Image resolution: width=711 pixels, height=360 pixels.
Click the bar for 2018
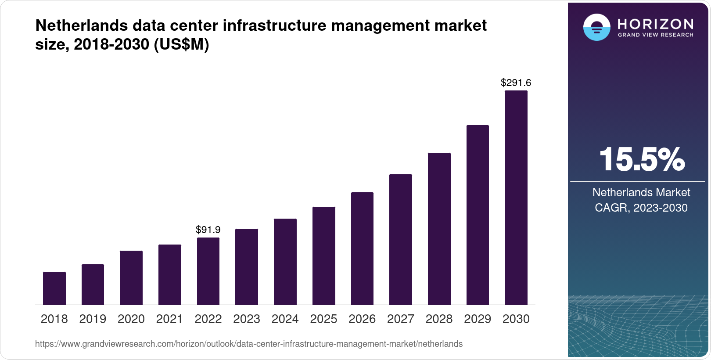click(54, 288)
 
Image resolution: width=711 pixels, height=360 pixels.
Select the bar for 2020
click(131, 277)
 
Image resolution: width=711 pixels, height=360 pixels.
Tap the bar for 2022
click(208, 271)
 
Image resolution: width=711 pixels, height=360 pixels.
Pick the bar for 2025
click(323, 256)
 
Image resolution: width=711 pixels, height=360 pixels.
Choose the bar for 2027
click(400, 239)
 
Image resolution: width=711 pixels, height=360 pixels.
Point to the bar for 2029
click(478, 215)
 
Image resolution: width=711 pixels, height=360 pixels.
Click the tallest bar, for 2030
click(516, 198)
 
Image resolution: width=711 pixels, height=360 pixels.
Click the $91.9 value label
click(208, 230)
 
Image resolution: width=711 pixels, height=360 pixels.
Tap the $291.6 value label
click(516, 83)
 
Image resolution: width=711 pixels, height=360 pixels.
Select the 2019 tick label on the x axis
click(93, 319)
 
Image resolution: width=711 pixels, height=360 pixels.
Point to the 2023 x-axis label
click(247, 319)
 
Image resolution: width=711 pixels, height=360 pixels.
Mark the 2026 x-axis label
click(362, 319)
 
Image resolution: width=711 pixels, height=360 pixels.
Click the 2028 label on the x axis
click(439, 319)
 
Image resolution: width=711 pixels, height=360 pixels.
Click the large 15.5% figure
click(641, 159)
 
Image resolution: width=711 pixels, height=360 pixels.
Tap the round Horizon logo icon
click(596, 27)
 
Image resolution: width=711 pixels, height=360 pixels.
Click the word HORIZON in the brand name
click(655, 24)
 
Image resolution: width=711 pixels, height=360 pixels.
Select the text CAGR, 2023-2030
click(641, 208)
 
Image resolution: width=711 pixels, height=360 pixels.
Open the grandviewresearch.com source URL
click(248, 344)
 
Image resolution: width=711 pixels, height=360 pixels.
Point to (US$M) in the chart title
click(181, 44)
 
